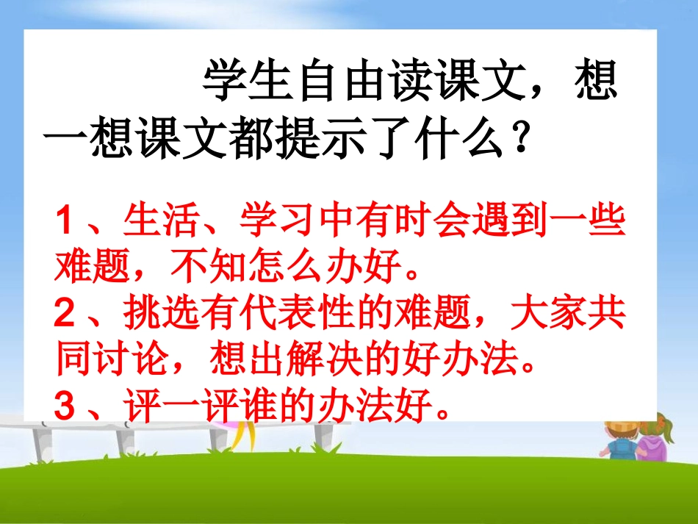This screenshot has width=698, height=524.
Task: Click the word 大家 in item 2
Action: [555, 317]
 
